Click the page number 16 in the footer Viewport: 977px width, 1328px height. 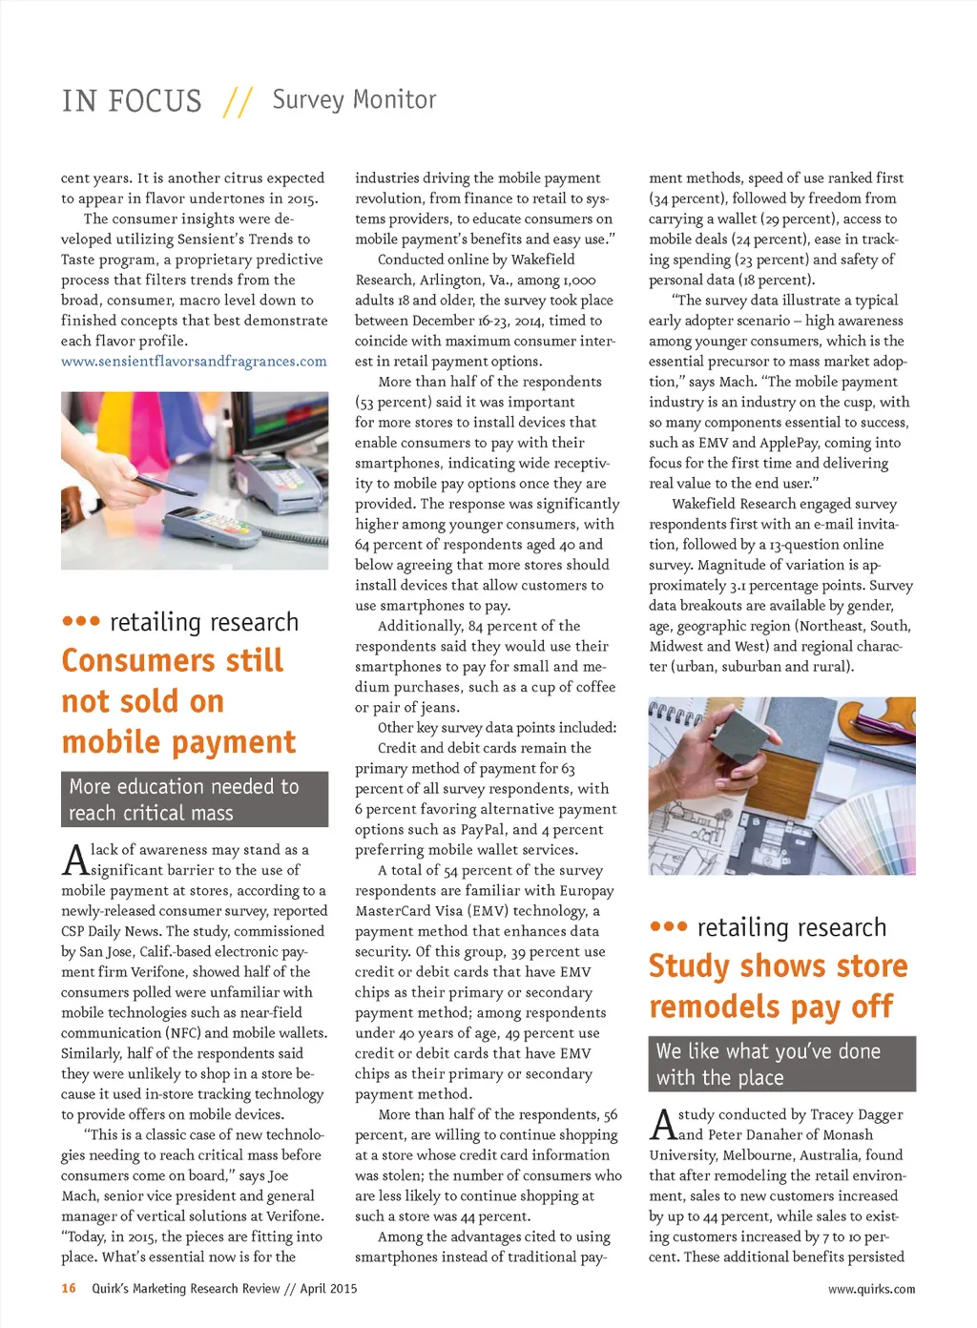click(x=69, y=1288)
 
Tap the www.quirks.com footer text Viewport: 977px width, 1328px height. click(x=871, y=1289)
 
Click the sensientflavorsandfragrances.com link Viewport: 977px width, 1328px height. click(x=194, y=362)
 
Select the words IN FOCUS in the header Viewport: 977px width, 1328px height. click(x=132, y=101)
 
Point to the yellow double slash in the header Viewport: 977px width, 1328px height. click(x=237, y=101)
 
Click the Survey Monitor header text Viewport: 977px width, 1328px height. click(x=354, y=99)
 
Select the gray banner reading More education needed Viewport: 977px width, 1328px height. click(x=195, y=799)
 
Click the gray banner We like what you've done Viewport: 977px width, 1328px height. click(x=781, y=1064)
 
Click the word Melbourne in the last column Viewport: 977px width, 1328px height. click(x=759, y=1155)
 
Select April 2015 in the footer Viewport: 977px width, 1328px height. click(x=328, y=1288)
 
